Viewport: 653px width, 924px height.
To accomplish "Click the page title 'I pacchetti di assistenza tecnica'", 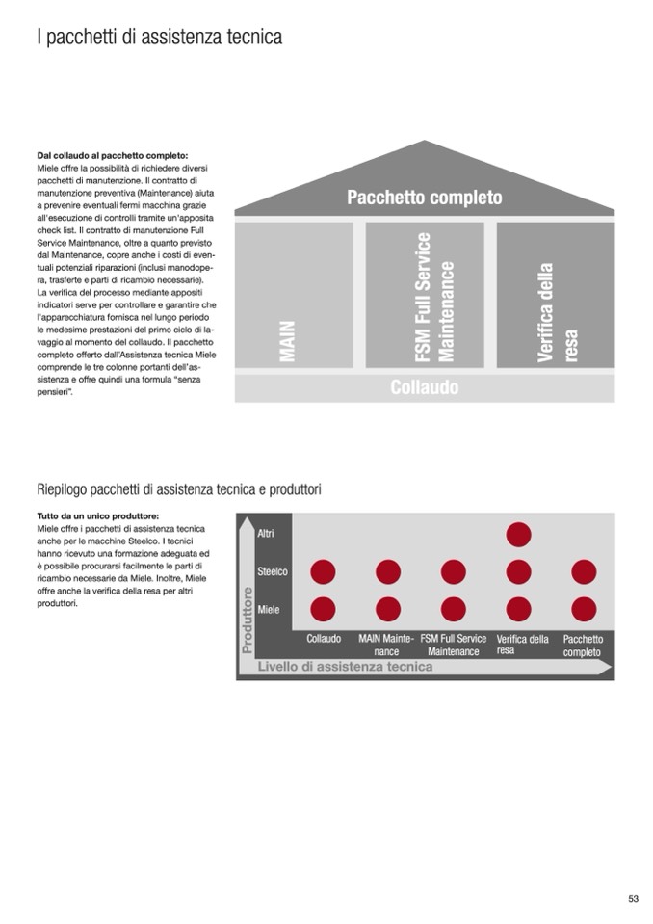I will click(159, 38).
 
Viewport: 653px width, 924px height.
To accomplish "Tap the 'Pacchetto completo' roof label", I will click(425, 198).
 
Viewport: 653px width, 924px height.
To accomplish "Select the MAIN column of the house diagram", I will click(295, 294).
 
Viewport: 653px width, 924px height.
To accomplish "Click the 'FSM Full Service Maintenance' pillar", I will click(425, 294).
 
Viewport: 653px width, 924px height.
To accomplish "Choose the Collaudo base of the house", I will click(425, 388).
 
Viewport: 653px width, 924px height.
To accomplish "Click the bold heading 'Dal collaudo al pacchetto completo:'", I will click(113, 156).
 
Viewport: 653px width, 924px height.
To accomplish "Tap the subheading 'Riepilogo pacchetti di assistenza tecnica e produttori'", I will click(179, 489).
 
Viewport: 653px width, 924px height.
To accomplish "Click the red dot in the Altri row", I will click(518, 535).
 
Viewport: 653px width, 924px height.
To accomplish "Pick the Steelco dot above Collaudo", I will click(323, 572).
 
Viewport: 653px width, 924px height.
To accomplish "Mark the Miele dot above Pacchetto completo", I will click(584, 610).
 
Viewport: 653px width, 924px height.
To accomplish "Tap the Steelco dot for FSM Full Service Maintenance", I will click(453, 572).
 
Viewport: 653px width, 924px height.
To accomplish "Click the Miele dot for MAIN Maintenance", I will click(388, 610).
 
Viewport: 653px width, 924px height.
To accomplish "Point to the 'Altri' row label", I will click(267, 534).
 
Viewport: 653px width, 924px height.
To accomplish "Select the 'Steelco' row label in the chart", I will click(273, 572).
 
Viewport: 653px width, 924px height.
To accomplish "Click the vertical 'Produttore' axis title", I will click(247, 620).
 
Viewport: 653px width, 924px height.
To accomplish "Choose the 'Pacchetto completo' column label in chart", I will click(583, 646).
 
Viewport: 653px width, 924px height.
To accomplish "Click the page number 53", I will click(633, 898).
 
